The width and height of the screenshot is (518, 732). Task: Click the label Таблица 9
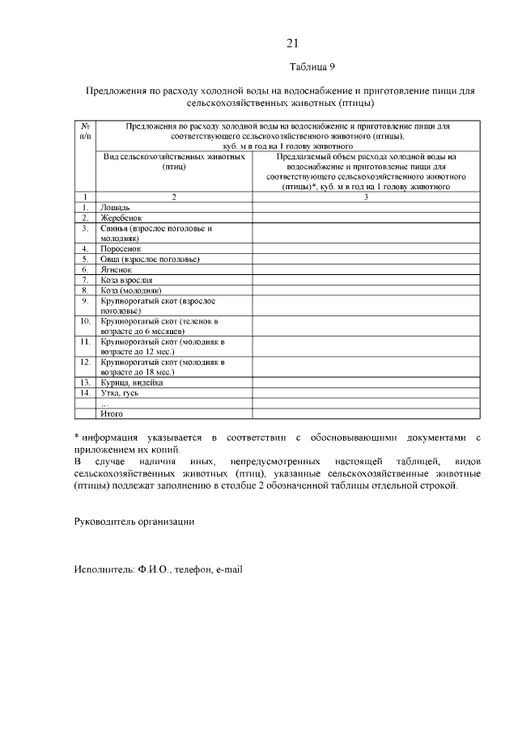coord(311,66)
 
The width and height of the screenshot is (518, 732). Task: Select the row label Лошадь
coord(113,208)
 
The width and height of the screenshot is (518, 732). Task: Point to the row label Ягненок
coord(116,269)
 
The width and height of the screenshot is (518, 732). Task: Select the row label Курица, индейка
coord(132,383)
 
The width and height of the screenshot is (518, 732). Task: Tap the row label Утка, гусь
coord(120,393)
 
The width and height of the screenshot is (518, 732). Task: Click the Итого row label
coord(111,413)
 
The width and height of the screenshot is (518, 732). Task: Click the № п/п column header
coord(84,132)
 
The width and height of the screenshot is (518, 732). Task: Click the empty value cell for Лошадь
coord(366,208)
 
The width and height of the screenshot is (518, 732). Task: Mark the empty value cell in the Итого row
coord(366,413)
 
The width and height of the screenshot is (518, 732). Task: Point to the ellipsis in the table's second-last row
coord(104,404)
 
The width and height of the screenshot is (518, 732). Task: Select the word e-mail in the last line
coord(228,569)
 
